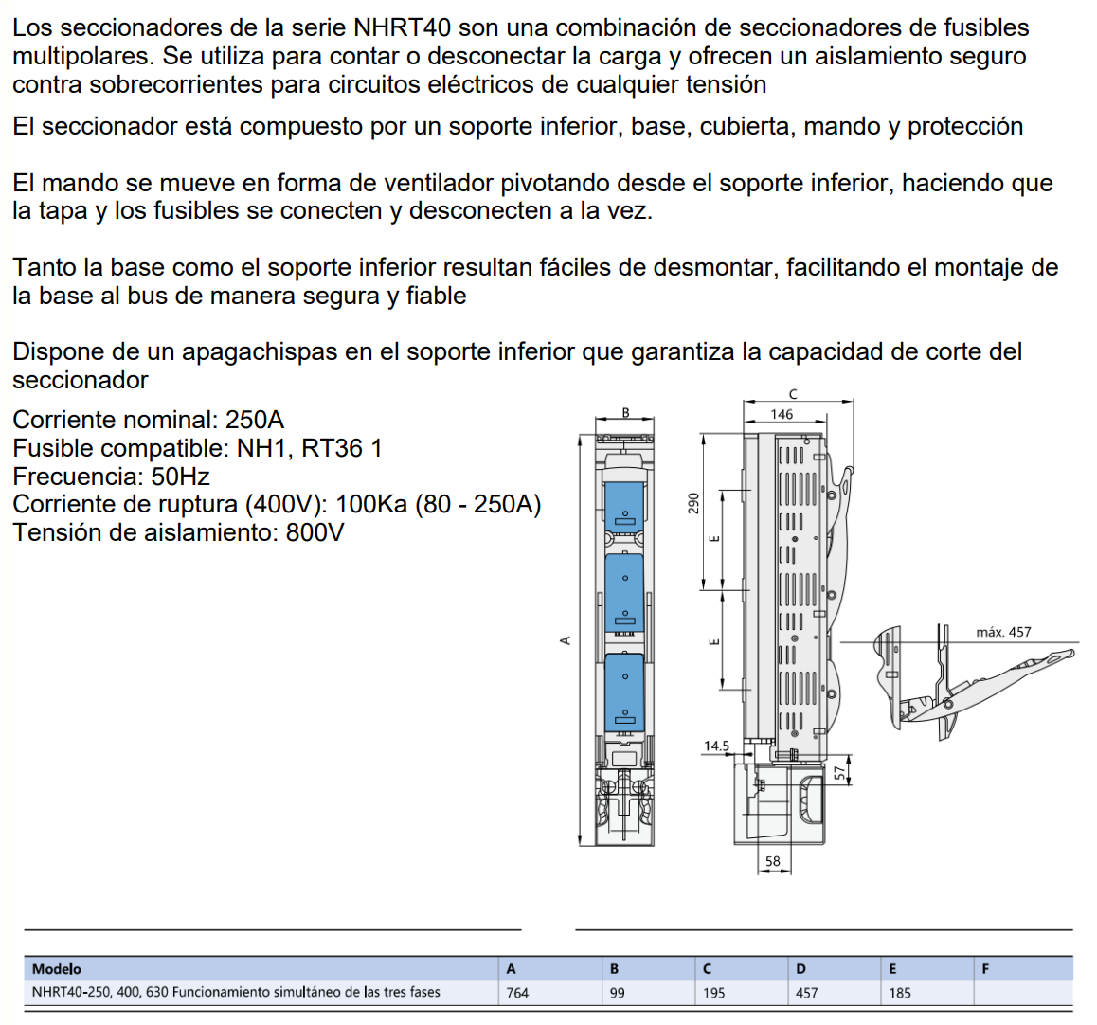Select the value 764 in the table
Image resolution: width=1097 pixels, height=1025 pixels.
(517, 993)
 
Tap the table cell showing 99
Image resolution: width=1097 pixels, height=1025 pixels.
(618, 993)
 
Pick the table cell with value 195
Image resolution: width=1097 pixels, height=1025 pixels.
(713, 993)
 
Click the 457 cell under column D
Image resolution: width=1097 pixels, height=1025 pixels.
(807, 993)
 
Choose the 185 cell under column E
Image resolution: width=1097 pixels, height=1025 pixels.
(899, 993)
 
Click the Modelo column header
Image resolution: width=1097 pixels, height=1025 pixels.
(57, 968)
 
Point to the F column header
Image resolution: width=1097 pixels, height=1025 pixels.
(986, 968)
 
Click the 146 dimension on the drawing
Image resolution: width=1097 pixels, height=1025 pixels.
(782, 414)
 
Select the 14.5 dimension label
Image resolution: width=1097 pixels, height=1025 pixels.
(716, 746)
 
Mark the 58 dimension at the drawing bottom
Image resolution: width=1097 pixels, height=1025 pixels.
(773, 861)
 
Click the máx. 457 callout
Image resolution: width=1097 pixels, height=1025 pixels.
(1003, 632)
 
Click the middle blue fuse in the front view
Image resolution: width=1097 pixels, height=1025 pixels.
(624, 593)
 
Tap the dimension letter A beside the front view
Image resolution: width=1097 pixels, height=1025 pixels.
(566, 640)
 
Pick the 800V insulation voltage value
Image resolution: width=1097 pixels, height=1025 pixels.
(315, 532)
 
